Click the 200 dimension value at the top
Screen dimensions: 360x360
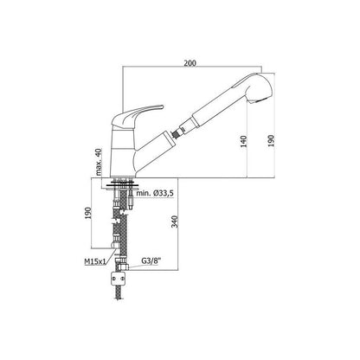[x=190, y=63]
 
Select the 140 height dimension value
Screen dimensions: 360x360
[x=244, y=141]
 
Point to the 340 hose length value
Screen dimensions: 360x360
[x=175, y=222]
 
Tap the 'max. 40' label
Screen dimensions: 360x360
[x=99, y=162]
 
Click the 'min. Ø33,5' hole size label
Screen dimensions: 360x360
[x=155, y=193]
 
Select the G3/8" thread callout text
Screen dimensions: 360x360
[x=151, y=260]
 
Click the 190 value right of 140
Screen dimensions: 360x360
[x=271, y=141]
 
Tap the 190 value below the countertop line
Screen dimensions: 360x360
[x=88, y=213]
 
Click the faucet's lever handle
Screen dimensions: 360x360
[x=136, y=113]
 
